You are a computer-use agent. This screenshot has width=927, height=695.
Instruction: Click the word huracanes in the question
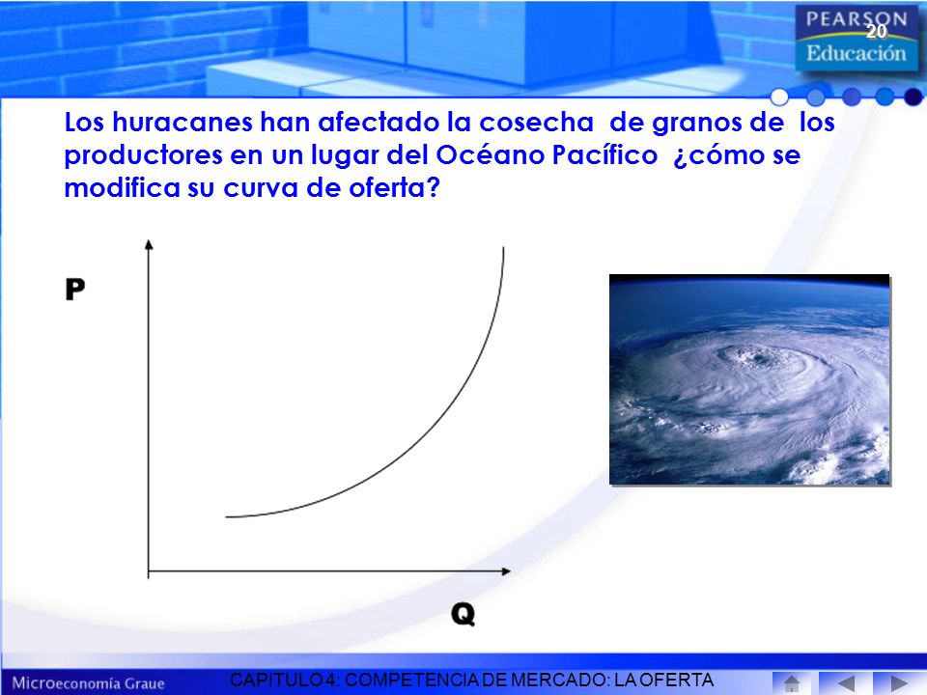coord(183,122)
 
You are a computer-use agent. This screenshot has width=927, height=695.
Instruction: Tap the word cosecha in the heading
coord(536,123)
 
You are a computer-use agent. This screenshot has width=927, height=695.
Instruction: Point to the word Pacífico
coord(604,154)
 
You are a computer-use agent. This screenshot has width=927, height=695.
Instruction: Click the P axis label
coord(75,289)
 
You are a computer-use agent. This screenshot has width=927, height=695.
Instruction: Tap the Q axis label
coord(463,614)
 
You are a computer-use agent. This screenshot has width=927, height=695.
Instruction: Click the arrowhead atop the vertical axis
coord(149,244)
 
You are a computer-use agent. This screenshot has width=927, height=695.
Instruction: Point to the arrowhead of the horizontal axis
coord(505,570)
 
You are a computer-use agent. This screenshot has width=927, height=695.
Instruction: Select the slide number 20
coord(877,31)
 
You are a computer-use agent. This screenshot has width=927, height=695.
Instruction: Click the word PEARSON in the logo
coord(857,19)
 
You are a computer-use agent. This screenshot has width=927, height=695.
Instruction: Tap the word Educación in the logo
coord(857,53)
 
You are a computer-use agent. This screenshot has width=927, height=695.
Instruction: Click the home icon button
coord(791,683)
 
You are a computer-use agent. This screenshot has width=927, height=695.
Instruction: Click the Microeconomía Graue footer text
coord(88,683)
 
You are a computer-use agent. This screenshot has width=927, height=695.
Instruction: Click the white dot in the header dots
coord(780,97)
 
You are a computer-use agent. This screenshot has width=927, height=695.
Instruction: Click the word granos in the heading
coord(689,124)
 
